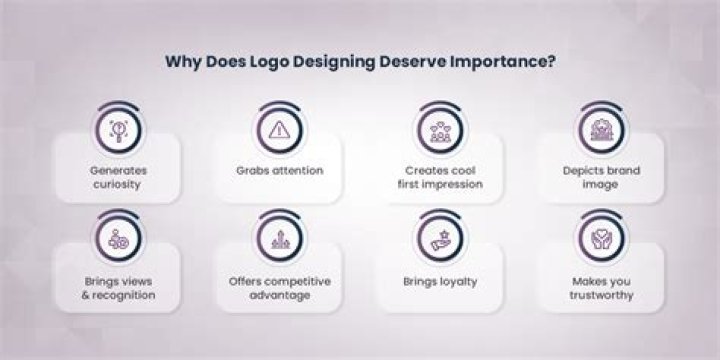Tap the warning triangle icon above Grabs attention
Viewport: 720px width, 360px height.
pyautogui.click(x=279, y=127)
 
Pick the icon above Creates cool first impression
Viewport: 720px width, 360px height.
pyautogui.click(x=437, y=127)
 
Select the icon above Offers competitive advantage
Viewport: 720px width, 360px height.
pyautogui.click(x=279, y=238)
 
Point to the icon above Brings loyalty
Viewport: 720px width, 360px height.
pyautogui.click(x=437, y=238)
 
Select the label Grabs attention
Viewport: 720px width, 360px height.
pyautogui.click(x=279, y=170)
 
